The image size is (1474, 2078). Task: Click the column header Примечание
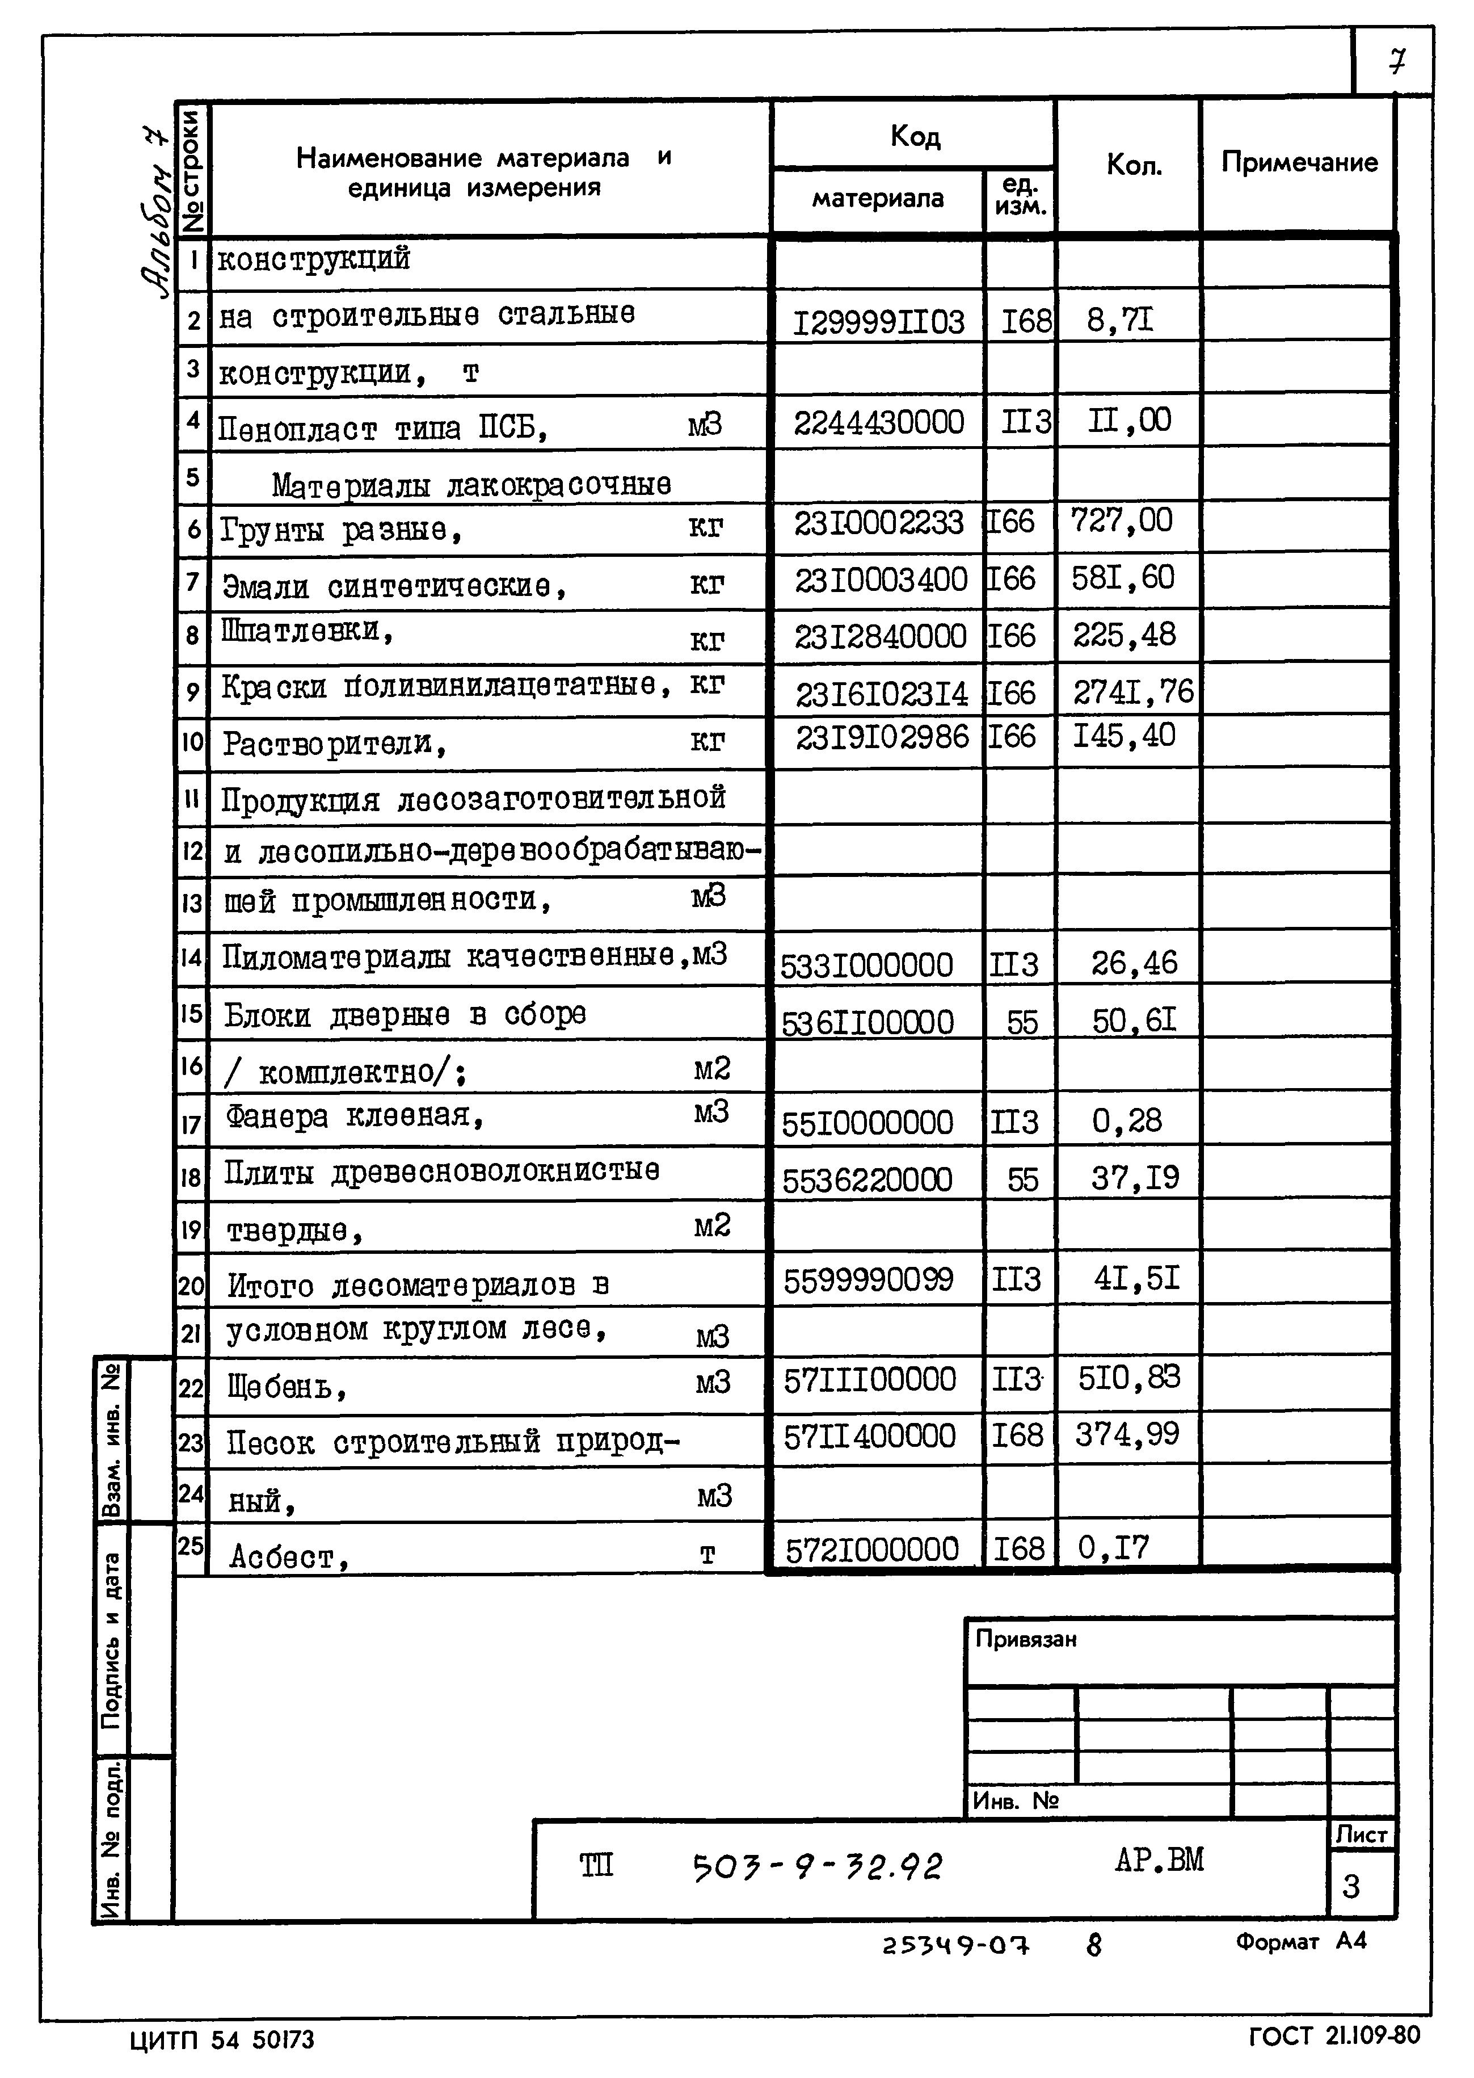click(1299, 162)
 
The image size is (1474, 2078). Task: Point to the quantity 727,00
click(1121, 521)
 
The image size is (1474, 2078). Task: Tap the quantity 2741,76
click(1132, 692)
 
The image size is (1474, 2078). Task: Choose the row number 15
click(191, 1012)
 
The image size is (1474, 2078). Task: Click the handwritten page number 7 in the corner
click(1397, 62)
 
